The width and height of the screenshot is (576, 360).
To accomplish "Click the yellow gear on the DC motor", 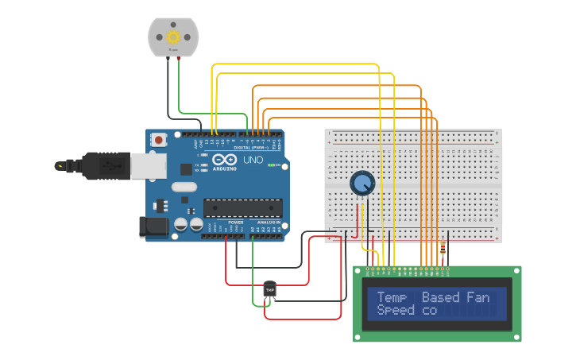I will [172, 37].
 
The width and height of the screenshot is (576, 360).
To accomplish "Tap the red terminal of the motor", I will [179, 57].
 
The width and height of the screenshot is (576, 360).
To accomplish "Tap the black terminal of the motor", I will [168, 57].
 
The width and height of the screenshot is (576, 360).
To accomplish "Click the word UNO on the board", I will [252, 160].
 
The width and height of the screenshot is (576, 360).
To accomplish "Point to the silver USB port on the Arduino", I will [149, 165].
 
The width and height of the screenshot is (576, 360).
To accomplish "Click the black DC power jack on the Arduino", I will [153, 227].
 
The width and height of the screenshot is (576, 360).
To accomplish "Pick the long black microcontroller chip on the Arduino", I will [242, 208].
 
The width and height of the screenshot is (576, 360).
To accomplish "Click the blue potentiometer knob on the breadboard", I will [362, 184].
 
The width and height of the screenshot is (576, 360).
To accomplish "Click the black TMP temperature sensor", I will [269, 290].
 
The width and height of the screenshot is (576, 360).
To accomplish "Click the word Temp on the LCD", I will [392, 298].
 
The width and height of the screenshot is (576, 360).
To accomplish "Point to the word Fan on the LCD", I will [478, 298].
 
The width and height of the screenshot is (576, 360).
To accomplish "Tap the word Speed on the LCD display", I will [396, 311].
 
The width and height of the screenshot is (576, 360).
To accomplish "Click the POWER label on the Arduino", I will [236, 222].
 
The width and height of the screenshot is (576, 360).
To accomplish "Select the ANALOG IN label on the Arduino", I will [266, 222].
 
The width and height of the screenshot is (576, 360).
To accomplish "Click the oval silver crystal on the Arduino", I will [183, 188].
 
